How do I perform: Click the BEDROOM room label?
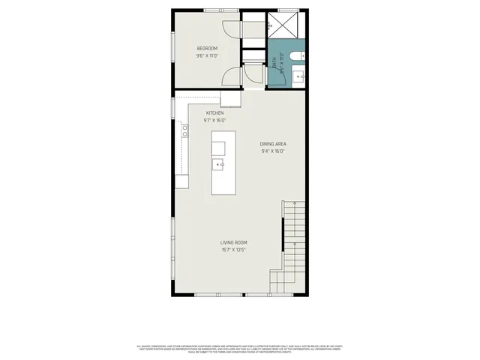click(x=207, y=49)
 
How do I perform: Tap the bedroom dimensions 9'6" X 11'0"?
click(x=207, y=56)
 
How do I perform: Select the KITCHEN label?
click(x=215, y=113)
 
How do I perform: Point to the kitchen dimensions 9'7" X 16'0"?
click(x=215, y=120)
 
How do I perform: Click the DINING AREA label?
click(x=273, y=143)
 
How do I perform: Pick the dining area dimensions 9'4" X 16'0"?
click(x=273, y=151)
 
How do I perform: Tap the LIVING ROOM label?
click(x=234, y=242)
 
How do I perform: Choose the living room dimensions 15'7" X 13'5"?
click(x=234, y=250)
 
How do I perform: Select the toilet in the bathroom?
click(x=298, y=53)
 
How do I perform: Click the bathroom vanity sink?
click(x=298, y=74)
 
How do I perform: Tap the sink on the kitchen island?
click(x=220, y=163)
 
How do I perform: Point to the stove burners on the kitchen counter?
click(x=182, y=133)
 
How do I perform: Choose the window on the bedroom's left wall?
click(x=174, y=51)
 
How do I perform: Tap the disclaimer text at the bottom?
click(x=240, y=348)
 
